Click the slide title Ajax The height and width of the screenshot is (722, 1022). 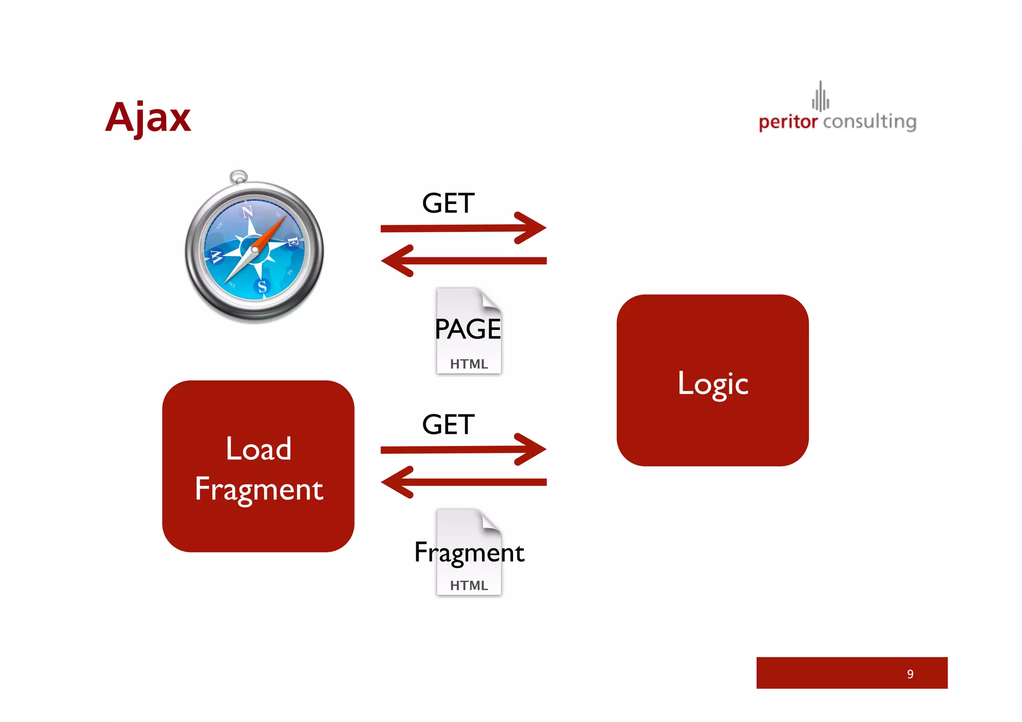point(148,117)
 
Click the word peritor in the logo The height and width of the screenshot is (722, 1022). point(787,122)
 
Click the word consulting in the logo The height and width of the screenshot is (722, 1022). point(869,122)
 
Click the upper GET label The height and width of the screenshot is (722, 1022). point(448,204)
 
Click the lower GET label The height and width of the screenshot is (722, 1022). point(448,425)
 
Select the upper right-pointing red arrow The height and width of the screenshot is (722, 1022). point(463,228)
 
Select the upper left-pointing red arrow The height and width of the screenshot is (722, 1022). point(463,260)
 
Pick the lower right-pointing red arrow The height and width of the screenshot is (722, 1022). point(463,449)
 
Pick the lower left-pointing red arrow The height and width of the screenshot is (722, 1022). point(463,482)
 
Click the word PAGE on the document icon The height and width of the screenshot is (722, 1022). point(468,329)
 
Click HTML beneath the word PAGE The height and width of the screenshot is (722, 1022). point(469,364)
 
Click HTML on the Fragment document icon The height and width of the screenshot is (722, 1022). point(469,585)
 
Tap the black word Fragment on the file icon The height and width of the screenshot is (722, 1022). point(469,553)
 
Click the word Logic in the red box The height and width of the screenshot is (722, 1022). point(713,383)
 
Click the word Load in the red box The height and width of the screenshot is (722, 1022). point(258,449)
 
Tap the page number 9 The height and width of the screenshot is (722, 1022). point(910,674)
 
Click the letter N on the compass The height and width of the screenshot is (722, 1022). point(248,212)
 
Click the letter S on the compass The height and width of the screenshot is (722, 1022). point(262,286)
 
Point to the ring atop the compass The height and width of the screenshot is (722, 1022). point(239,176)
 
